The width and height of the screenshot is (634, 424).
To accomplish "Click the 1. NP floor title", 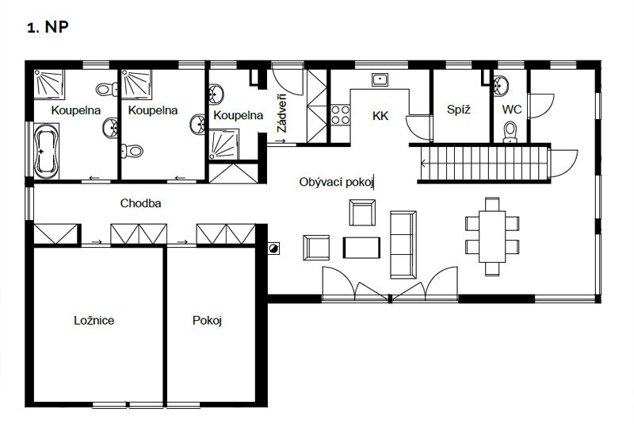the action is [48, 27].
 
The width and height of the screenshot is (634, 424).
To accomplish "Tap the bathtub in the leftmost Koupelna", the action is [46, 151].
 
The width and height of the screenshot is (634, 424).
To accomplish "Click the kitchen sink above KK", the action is [380, 79].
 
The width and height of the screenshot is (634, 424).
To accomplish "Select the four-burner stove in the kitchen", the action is [341, 114].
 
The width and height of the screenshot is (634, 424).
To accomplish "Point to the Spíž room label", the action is [459, 109].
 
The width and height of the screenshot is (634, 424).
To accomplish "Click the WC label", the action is [511, 110].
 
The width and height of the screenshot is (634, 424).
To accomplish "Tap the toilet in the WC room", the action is [510, 132].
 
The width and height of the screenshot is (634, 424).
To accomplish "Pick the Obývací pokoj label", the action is [335, 183].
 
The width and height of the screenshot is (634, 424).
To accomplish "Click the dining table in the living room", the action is [492, 237].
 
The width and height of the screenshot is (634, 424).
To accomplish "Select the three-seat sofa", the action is [403, 245].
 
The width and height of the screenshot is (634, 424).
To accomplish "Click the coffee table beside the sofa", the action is [361, 248].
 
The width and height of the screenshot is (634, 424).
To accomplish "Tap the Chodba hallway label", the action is [141, 203].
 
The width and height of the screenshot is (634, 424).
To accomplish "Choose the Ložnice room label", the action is [94, 320].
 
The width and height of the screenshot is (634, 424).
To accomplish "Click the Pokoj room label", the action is [207, 321].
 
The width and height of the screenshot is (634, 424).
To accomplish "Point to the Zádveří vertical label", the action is [281, 114].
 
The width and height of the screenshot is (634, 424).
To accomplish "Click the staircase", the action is [484, 164].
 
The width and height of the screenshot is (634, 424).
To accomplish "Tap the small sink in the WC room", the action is [501, 86].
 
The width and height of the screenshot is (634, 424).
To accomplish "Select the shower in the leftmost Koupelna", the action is [49, 84].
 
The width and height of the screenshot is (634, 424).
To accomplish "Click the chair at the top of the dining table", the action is [492, 204].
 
